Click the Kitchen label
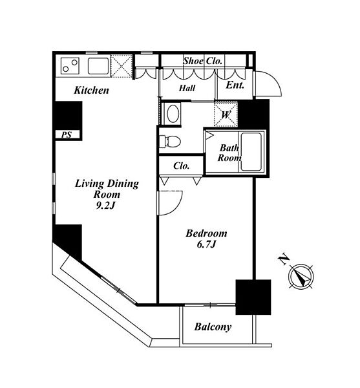(x=92, y=90)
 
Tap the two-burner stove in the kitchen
(x=70, y=66)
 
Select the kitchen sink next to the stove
(x=98, y=66)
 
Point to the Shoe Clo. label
(x=202, y=61)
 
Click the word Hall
(x=187, y=88)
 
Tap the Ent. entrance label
(x=235, y=85)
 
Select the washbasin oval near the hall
(x=173, y=113)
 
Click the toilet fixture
(x=170, y=141)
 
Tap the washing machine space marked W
(x=226, y=114)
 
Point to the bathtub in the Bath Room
(x=251, y=152)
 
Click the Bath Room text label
(x=229, y=153)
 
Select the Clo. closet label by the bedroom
(x=181, y=166)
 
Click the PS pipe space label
(x=67, y=135)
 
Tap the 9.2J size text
(x=105, y=206)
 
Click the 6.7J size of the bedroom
(x=206, y=244)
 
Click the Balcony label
(x=213, y=327)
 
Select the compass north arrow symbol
(x=301, y=276)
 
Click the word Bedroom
(x=206, y=233)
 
